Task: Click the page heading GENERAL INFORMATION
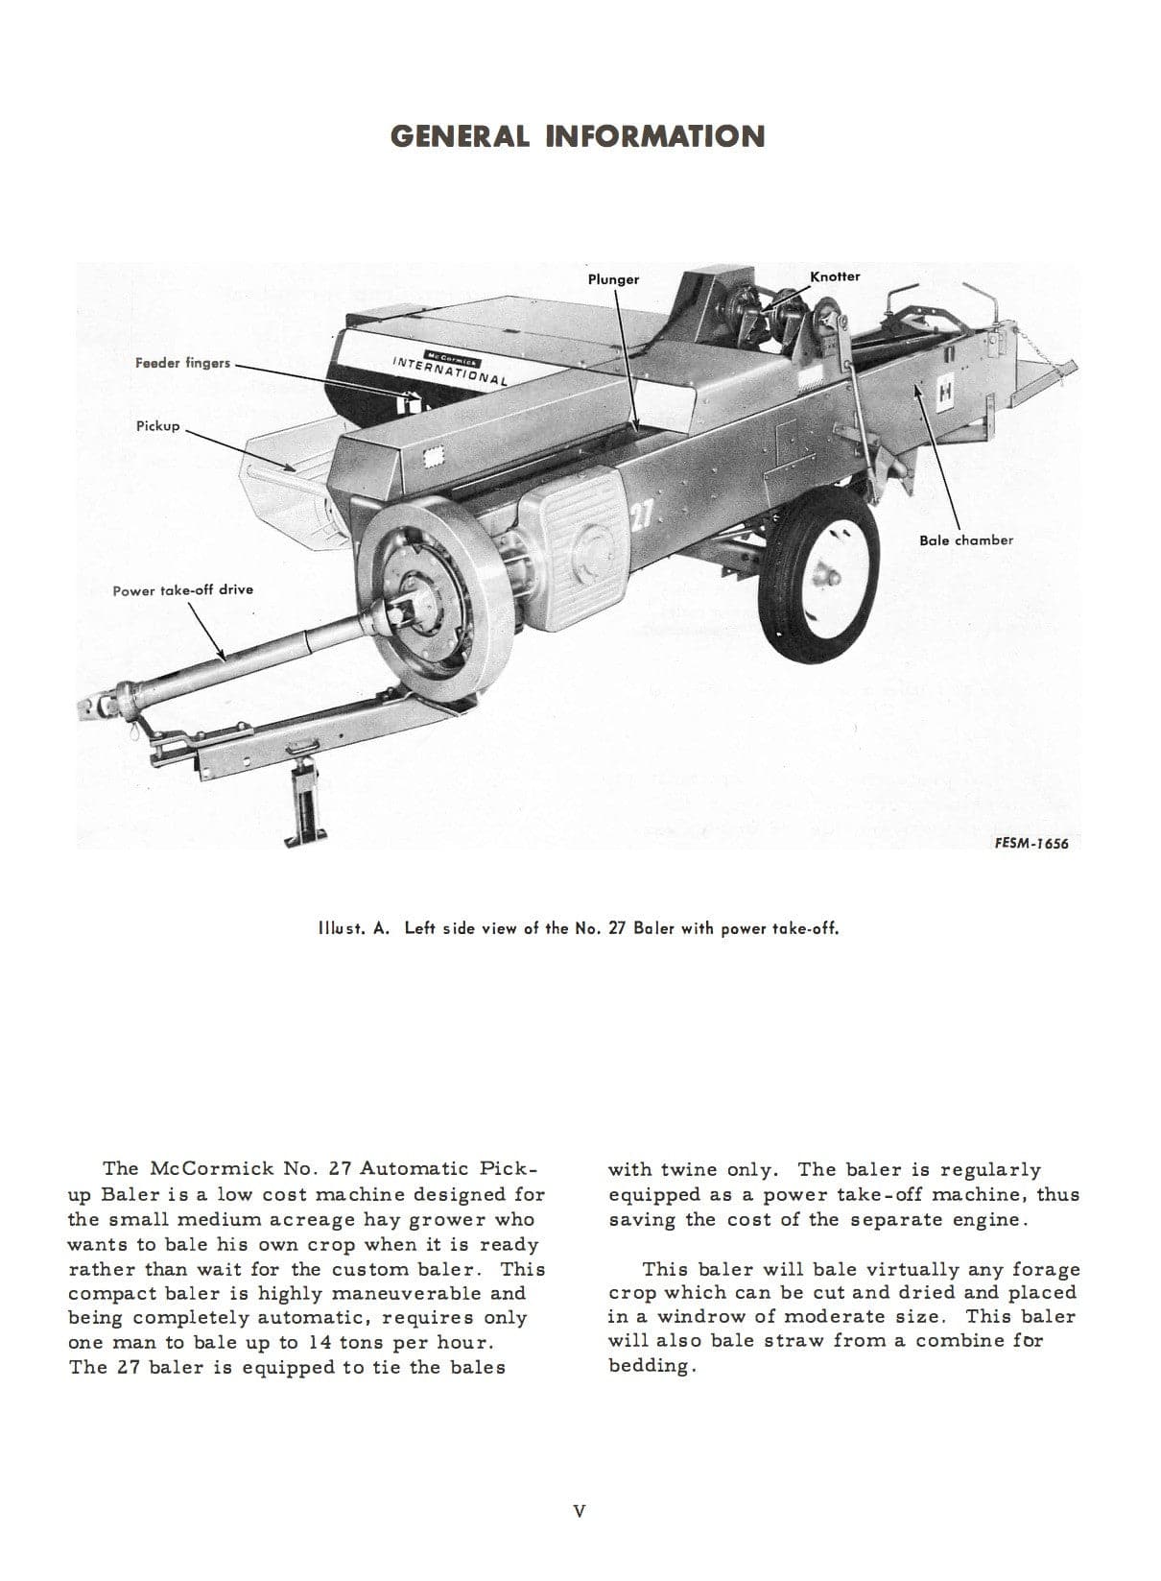(578, 136)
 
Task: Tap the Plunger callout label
(613, 279)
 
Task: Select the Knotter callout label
(835, 276)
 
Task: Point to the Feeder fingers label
(182, 363)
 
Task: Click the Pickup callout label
(157, 425)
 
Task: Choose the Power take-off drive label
(182, 589)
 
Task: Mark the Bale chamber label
(965, 539)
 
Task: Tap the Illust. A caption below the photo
(580, 928)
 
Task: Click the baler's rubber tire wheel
(820, 582)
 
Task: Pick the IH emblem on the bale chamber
(946, 393)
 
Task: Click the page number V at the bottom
(579, 1511)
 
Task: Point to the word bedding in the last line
(649, 1365)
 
